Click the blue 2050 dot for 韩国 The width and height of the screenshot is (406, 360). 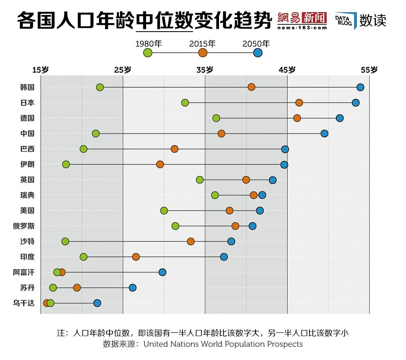click(360, 87)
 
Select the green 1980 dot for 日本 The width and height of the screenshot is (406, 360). click(185, 103)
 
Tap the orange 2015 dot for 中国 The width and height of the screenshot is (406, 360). click(221, 133)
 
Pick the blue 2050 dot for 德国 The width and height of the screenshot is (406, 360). click(340, 118)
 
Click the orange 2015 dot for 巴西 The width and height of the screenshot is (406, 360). click(174, 149)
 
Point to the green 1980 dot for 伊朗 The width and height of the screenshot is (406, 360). click(66, 164)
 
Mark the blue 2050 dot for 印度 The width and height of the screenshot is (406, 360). click(224, 257)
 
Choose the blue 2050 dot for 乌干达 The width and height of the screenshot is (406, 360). click(97, 303)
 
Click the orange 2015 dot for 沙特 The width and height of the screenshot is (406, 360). click(191, 241)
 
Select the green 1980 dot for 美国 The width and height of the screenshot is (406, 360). click(164, 210)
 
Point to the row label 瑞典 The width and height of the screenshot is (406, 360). click(27, 195)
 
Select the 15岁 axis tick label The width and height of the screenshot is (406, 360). click(41, 70)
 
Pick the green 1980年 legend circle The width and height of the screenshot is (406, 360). click(148, 53)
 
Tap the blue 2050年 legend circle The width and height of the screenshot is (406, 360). click(258, 53)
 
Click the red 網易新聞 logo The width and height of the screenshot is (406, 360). click(302, 18)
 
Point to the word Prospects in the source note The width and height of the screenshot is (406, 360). click(285, 344)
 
